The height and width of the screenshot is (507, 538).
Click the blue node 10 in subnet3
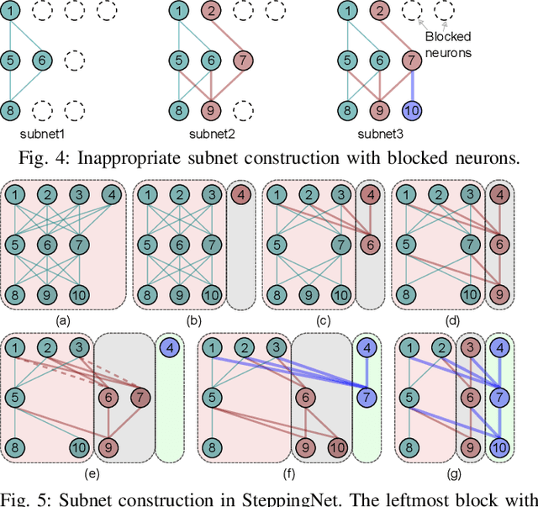[412, 110]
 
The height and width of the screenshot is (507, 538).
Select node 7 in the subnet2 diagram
[241, 61]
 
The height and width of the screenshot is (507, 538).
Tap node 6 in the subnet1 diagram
[41, 61]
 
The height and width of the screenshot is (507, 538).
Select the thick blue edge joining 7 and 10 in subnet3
[412, 86]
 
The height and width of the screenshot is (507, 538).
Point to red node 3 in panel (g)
[471, 348]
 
